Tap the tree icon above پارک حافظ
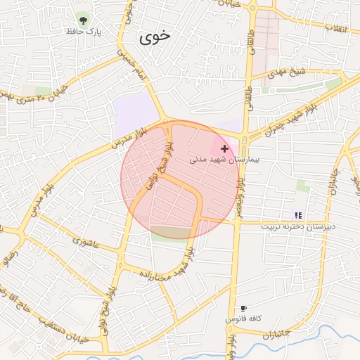[x=84, y=19]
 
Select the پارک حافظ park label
[x=84, y=32]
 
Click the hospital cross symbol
[x=224, y=148]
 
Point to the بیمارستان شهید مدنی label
[x=224, y=160]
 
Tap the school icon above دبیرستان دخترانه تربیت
[x=297, y=214]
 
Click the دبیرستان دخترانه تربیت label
[x=298, y=226]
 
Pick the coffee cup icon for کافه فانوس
[x=243, y=308]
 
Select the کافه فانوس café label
[x=243, y=319]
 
